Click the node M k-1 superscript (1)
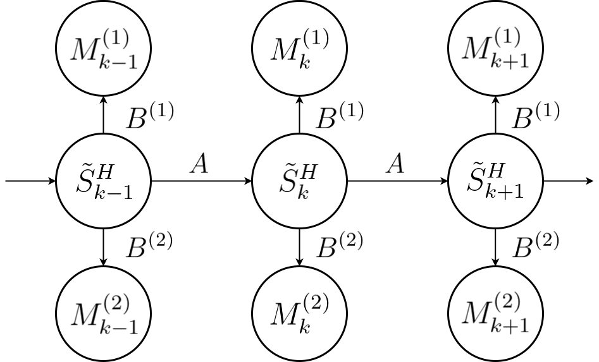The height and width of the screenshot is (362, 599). click(x=104, y=49)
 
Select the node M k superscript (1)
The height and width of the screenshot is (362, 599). click(x=299, y=49)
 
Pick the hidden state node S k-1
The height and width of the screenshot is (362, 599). click(x=104, y=181)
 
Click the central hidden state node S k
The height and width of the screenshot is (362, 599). click(x=299, y=181)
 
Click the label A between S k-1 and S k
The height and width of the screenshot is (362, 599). click(x=201, y=165)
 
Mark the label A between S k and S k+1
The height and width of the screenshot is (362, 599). click(x=396, y=165)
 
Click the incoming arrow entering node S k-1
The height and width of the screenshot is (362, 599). click(x=30, y=181)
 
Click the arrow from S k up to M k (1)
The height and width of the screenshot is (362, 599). click(x=299, y=115)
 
